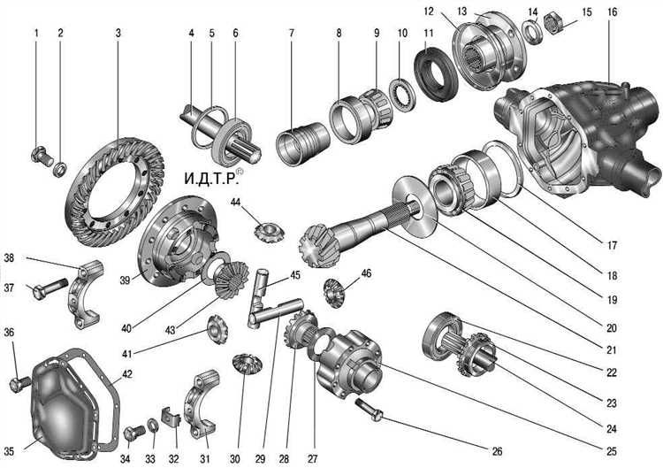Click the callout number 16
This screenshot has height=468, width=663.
point(612,12)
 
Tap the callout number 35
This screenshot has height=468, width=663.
point(9,451)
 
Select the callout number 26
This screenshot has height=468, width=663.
point(497,451)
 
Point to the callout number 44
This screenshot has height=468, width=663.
point(235,203)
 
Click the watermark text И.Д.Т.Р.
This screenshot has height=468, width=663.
point(210,178)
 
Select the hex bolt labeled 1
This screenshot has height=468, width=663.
point(42,156)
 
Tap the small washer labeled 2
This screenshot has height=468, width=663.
point(60,169)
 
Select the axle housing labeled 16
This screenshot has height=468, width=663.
point(578,137)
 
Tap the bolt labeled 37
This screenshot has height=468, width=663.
point(50,288)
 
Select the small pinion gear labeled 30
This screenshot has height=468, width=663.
point(248,364)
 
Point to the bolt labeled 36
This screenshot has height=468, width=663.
point(19,384)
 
